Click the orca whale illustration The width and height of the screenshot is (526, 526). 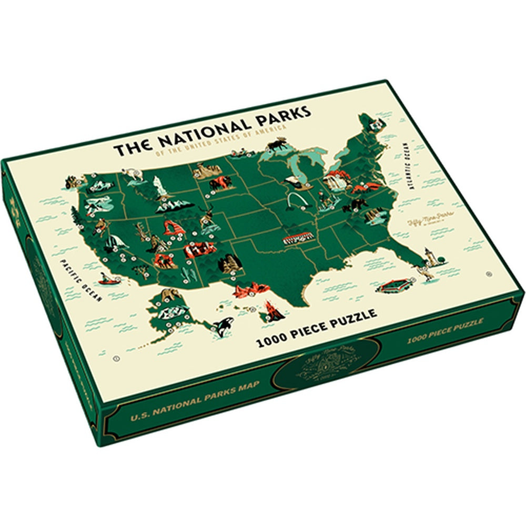click(221, 327)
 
